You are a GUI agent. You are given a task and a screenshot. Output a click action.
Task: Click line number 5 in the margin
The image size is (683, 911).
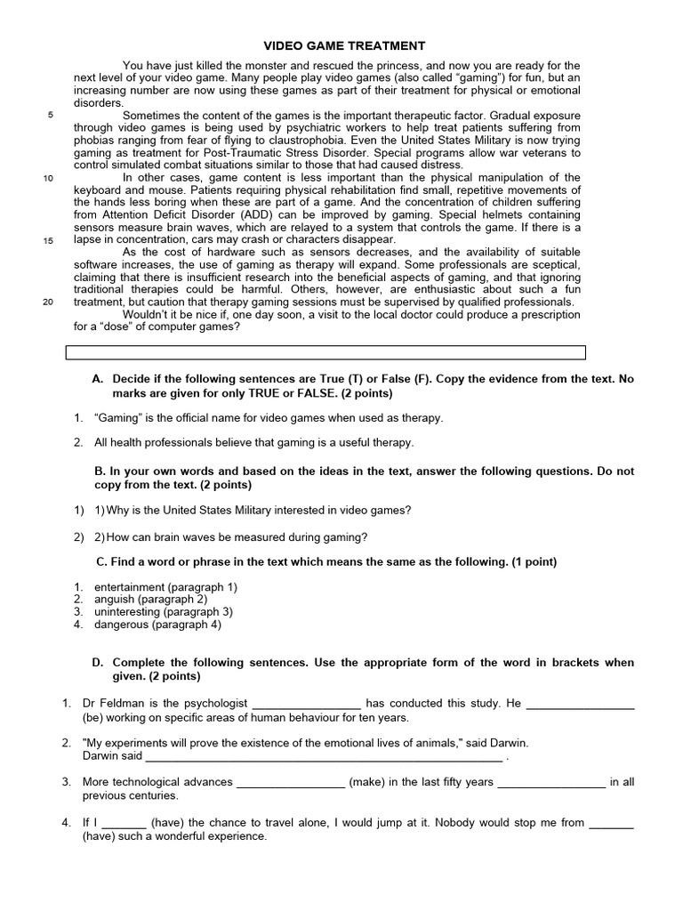[x=50, y=115]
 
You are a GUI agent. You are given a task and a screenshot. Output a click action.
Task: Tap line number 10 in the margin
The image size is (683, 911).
[x=48, y=177]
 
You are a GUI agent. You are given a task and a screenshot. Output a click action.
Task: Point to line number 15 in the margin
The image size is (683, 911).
[x=48, y=240]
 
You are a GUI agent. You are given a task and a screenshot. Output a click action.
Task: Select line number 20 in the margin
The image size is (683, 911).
[x=48, y=302]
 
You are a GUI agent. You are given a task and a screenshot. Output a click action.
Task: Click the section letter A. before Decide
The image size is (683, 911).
[x=98, y=379]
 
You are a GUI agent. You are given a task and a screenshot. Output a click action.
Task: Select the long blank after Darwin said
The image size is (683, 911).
[x=323, y=757]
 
